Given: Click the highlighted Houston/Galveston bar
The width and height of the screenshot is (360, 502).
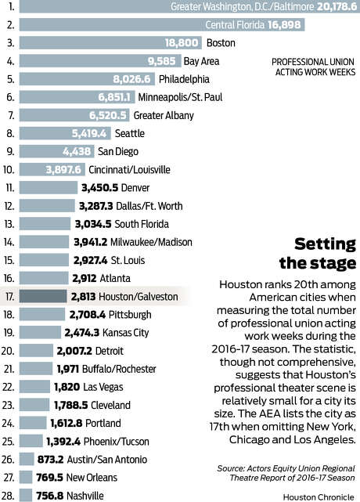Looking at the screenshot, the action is point(43,297).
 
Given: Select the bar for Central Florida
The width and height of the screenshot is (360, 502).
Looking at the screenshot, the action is point(162,24).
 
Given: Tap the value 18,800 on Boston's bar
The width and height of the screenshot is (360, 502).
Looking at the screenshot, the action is point(182,43).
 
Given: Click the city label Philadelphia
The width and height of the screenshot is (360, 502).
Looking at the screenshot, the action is point(185,79).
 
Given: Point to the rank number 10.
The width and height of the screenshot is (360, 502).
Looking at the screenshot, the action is point(9,170).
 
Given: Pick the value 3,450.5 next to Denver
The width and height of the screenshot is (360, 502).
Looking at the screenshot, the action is point(100,188).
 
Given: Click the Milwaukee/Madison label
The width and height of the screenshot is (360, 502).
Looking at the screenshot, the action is point(151,242).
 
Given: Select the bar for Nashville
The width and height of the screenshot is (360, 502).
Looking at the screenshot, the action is point(26,496).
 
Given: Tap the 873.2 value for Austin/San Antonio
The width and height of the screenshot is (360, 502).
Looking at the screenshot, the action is point(51,460).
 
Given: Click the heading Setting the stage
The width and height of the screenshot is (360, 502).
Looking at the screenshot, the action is point(318,254).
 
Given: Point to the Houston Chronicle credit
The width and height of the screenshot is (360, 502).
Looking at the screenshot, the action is point(319,497).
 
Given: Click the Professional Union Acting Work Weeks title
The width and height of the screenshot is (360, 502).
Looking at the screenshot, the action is point(314,67).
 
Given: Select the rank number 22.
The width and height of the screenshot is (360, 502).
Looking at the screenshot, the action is point(8,387).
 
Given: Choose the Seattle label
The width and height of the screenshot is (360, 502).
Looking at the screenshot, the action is point(130,133).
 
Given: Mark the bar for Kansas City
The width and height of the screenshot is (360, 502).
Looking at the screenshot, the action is point(40,333).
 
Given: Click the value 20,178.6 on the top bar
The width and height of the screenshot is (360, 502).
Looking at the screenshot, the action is point(337,6).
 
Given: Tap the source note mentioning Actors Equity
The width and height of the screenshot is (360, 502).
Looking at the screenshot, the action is point(286,473).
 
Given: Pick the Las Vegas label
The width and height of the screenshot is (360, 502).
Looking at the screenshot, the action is point(103,387).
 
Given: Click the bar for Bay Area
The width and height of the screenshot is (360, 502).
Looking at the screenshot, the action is point(100,61).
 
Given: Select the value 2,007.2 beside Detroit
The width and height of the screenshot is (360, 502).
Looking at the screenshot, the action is point(74,351).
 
